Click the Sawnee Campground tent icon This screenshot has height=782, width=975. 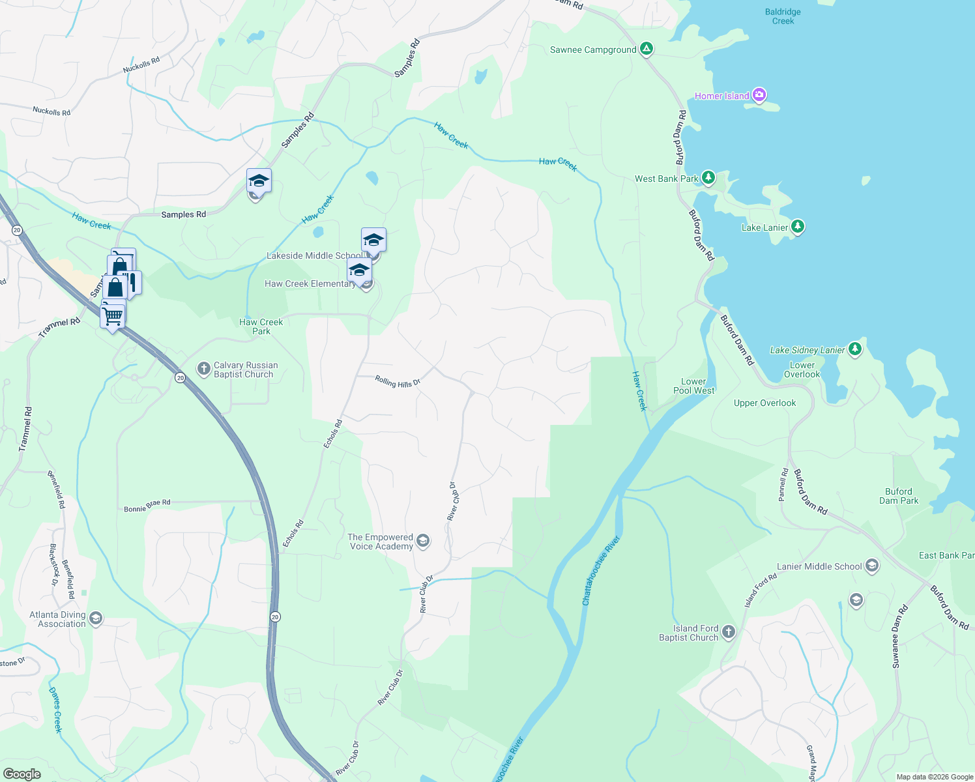click(646, 49)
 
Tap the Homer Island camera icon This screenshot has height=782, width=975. click(759, 95)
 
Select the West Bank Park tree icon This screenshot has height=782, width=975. click(708, 178)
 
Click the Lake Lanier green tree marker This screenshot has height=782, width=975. click(798, 227)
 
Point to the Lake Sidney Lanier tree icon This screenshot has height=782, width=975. click(855, 349)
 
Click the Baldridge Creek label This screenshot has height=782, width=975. click(783, 16)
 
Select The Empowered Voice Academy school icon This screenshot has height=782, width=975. click(423, 541)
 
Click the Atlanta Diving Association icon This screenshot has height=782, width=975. click(96, 618)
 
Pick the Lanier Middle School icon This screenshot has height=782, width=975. click(872, 566)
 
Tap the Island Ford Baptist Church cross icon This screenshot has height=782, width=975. click(729, 631)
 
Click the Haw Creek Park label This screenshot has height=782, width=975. click(261, 326)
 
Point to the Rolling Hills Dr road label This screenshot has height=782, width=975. click(397, 382)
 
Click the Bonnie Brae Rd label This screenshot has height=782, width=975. click(147, 506)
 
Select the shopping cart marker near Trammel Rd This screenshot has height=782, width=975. click(113, 317)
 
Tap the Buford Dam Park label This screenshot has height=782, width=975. click(898, 496)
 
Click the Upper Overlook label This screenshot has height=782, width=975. click(764, 403)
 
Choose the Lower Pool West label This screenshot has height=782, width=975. click(693, 386)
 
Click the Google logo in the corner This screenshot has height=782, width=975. click(22, 774)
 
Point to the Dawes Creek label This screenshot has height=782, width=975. click(56, 710)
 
